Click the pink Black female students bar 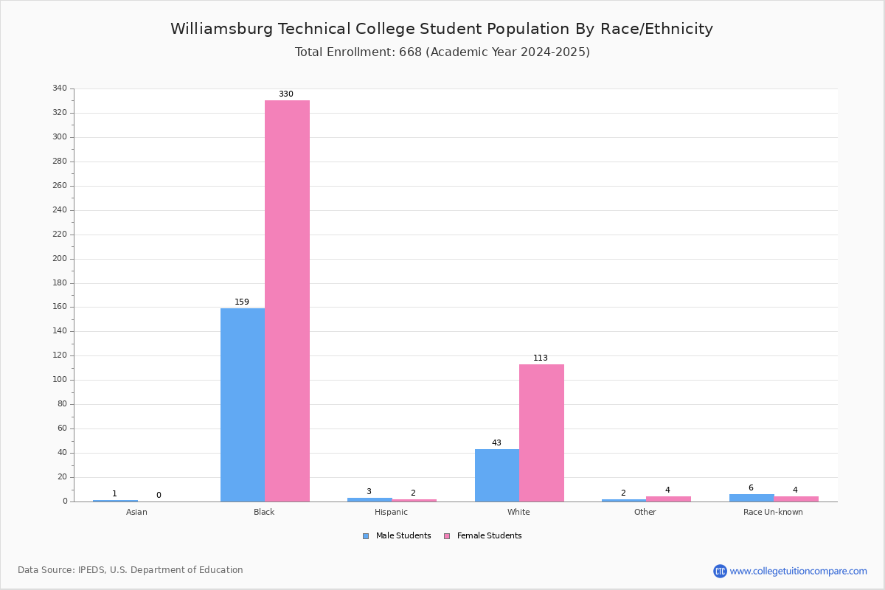(x=287, y=301)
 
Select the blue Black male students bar (x=243, y=405)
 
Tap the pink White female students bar (x=541, y=433)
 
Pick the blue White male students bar (x=497, y=476)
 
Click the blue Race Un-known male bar (x=752, y=498)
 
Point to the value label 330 (x=286, y=94)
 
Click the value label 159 (x=242, y=302)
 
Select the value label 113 (x=541, y=358)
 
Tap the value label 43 (x=496, y=442)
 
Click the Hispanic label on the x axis (x=391, y=512)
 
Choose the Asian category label (x=136, y=512)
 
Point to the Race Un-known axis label (x=773, y=512)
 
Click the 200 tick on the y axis (x=60, y=259)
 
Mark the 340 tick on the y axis (x=60, y=88)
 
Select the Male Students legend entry (x=397, y=536)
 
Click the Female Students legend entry (x=483, y=536)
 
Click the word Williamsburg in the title (x=222, y=29)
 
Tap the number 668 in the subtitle (x=411, y=52)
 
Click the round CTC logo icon (x=720, y=571)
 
